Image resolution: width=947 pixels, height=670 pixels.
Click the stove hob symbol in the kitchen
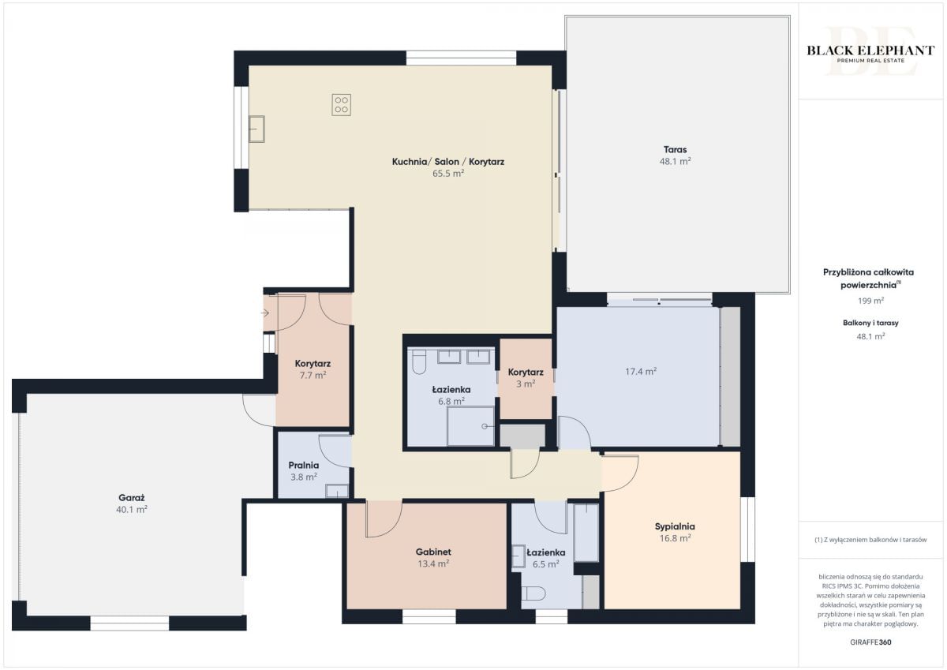341,105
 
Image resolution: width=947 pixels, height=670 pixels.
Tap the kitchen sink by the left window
256,129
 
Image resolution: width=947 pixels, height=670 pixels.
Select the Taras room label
675,149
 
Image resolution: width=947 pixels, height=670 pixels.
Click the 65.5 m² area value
448,174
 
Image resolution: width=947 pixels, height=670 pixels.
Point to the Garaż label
132,498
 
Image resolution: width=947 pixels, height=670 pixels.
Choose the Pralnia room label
304,466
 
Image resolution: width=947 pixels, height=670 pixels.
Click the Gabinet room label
433,552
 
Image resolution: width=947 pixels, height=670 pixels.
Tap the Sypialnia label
675,526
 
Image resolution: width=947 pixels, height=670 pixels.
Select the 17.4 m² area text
641,371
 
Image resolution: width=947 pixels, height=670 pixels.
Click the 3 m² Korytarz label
526,372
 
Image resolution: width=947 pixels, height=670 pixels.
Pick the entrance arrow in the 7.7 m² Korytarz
264,313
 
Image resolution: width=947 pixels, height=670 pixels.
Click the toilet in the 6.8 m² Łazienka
419,362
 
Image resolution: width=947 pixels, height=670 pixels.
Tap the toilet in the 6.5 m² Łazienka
532,593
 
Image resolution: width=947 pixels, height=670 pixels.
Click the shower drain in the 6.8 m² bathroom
485,426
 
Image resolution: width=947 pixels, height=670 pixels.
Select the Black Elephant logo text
870,51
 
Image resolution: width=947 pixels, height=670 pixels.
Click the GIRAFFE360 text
870,642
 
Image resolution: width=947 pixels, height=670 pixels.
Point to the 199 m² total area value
870,301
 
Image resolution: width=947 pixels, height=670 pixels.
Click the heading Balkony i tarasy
870,323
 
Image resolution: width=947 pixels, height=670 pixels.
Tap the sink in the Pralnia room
337,491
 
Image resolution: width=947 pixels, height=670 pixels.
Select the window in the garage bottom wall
129,623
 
